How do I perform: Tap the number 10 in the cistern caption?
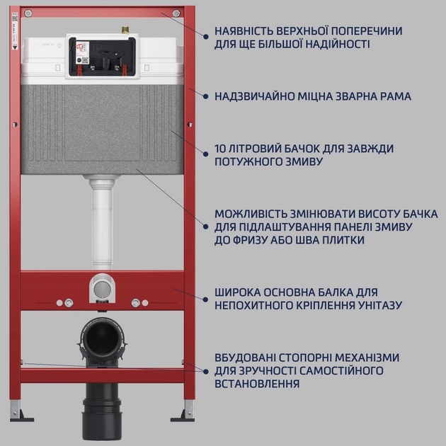(221, 149)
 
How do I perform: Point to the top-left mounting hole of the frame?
(28, 13)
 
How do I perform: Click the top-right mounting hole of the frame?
(187, 13)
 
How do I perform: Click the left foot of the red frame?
(19, 414)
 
